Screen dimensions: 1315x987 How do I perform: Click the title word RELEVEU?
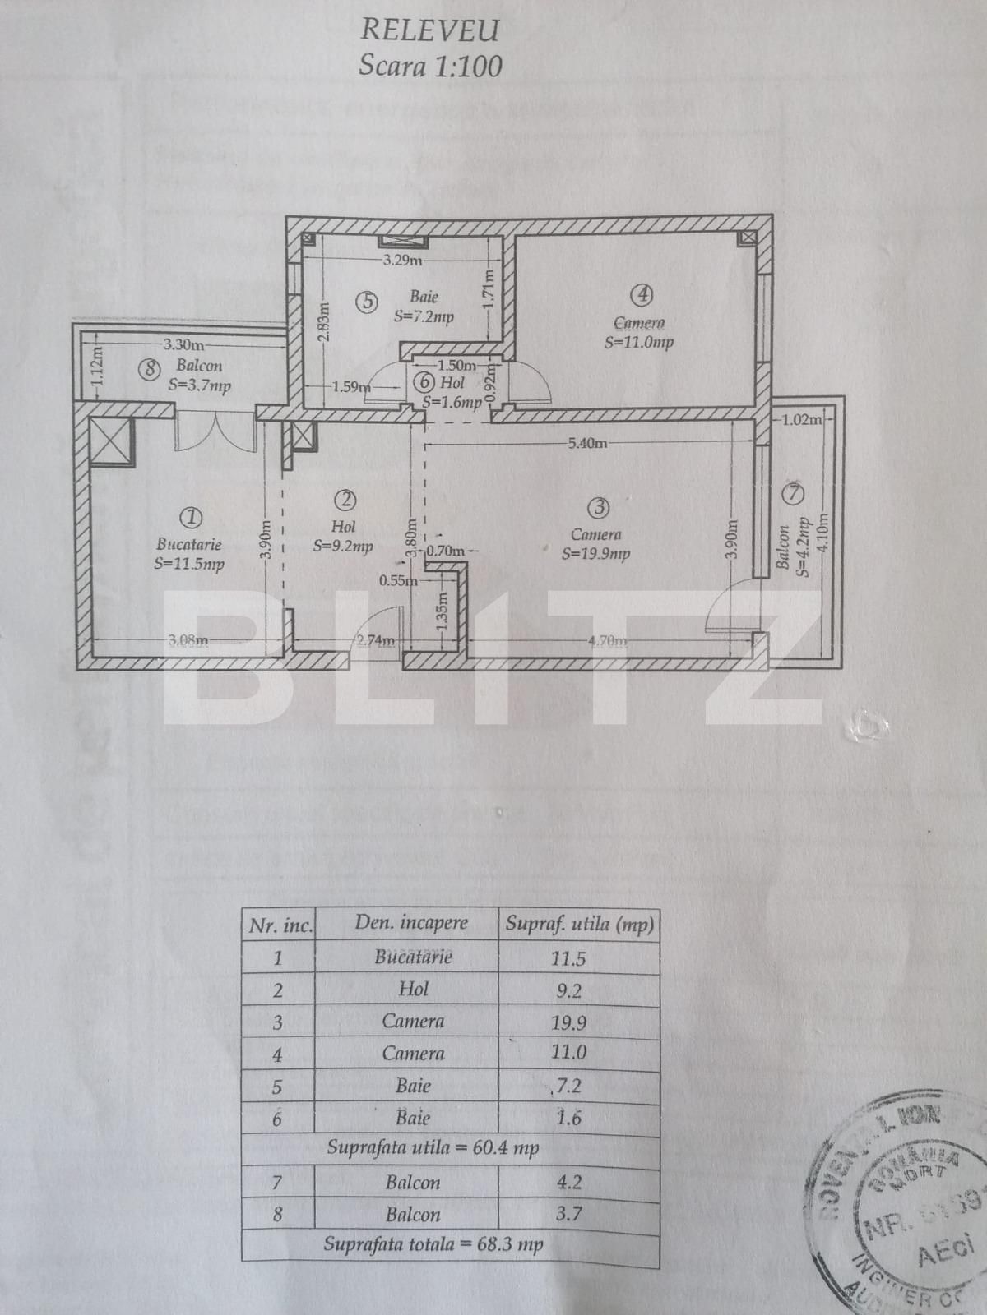click(429, 30)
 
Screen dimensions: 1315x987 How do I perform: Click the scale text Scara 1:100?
click(429, 66)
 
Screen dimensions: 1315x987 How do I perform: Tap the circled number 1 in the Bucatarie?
click(191, 517)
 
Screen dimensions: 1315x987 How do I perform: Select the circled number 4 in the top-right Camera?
click(642, 295)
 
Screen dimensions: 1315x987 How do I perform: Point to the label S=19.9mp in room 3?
click(595, 554)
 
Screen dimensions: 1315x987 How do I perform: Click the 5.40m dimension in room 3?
click(587, 443)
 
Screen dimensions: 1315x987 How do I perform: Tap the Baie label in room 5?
click(424, 297)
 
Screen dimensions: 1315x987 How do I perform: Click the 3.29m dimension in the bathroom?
click(402, 261)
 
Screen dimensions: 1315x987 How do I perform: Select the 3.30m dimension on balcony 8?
click(183, 345)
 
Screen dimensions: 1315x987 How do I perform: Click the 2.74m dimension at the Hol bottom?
click(375, 641)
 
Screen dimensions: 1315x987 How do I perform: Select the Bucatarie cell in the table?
click(413, 957)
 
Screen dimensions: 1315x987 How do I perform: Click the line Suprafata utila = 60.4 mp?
click(433, 1147)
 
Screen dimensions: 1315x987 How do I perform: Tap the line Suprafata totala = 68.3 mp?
click(433, 1244)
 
